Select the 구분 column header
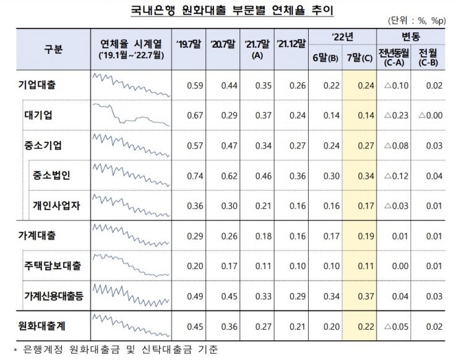pyautogui.click(x=53, y=49)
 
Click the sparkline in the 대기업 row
pyautogui.click(x=130, y=116)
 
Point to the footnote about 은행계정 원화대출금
pyautogui.click(x=117, y=350)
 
